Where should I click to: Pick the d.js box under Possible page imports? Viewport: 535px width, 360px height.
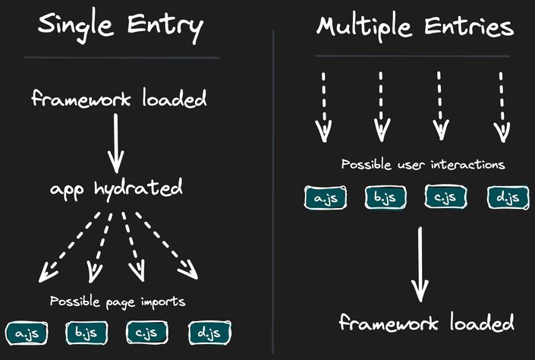click(209, 332)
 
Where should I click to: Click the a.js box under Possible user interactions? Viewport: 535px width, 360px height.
click(326, 198)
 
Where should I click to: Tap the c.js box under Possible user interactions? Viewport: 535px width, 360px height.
click(446, 198)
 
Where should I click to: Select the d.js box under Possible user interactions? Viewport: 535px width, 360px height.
click(506, 198)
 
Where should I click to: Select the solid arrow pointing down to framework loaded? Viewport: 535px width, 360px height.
click(418, 266)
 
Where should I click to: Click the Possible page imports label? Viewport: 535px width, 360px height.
click(118, 301)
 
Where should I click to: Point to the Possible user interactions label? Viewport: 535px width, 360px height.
click(423, 164)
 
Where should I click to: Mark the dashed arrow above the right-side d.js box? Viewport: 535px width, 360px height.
click(502, 106)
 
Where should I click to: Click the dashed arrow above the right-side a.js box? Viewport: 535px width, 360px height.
click(323, 106)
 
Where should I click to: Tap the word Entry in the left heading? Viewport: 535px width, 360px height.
click(165, 27)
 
